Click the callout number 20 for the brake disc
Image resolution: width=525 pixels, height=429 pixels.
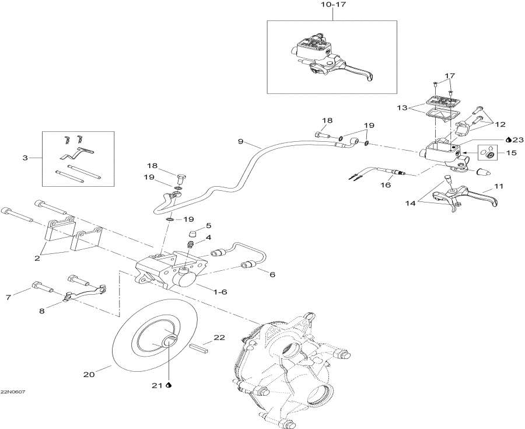point(89,375)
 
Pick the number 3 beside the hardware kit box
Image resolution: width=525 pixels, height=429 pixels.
point(24,158)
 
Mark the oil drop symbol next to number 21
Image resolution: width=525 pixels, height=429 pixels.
point(169,385)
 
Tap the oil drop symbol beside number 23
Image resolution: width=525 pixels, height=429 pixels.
point(509,139)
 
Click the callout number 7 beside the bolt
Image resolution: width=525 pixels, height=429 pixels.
point(8,298)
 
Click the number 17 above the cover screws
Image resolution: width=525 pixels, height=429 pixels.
point(449,76)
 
